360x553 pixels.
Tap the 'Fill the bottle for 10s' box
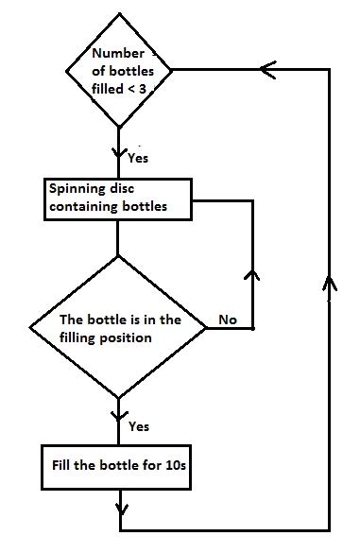119,466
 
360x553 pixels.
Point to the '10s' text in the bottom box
180,466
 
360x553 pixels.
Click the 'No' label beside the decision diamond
228,320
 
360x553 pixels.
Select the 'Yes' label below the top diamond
137,158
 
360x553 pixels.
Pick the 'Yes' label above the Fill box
138,426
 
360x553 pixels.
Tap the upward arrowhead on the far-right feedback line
329,283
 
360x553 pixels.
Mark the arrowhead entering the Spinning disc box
119,151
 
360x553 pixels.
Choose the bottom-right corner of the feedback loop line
329,528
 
